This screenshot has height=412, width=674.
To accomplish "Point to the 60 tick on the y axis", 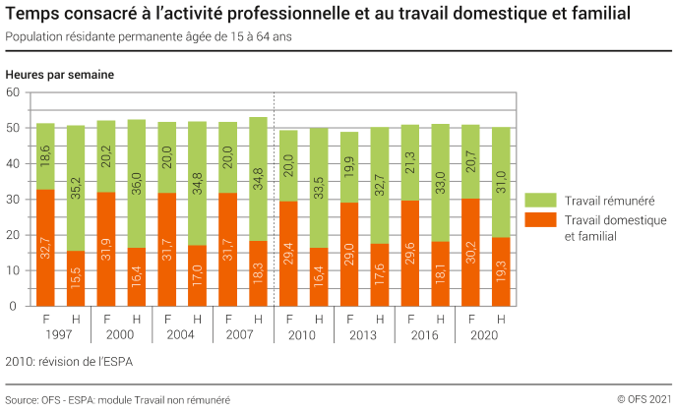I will point(14,92).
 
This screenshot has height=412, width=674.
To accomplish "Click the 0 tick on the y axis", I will point(17,306).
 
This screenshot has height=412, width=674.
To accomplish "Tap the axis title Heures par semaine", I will point(59,75).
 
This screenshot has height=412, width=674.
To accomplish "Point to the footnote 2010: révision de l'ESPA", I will point(68,362).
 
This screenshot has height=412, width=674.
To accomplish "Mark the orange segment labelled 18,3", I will point(259,273).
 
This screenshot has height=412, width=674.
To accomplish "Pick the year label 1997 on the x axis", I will point(60,334).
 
